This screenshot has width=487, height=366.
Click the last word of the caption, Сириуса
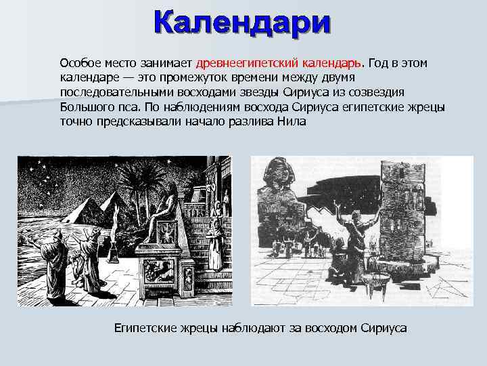coord(384,329)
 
